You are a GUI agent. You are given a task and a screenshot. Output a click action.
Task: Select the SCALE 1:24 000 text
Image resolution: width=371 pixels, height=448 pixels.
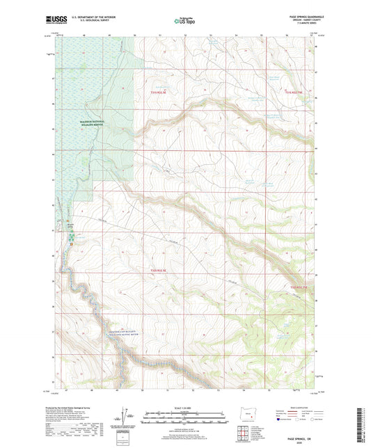[184, 408]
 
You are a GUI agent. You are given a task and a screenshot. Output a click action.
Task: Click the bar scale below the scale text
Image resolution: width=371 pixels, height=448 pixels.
[184, 416]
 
